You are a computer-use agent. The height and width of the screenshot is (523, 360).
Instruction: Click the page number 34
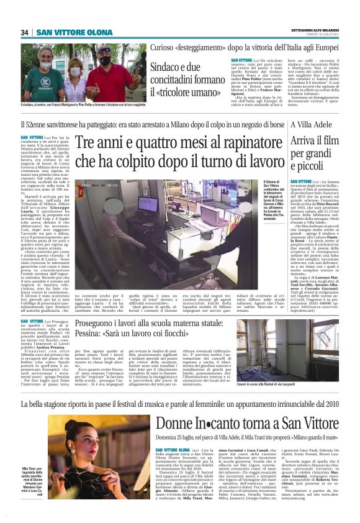click(x=25, y=32)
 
